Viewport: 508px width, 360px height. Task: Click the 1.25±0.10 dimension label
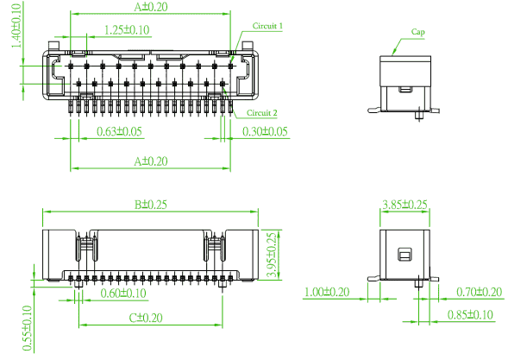click(x=127, y=30)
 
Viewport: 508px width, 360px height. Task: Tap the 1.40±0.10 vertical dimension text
click(x=16, y=26)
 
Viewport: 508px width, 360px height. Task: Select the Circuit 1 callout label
click(x=267, y=26)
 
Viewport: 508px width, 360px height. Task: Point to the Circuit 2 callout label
click(x=262, y=112)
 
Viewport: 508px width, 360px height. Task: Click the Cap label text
click(x=418, y=32)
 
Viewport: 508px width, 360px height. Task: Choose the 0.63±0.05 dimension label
click(x=119, y=131)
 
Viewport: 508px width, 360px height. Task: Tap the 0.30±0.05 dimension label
click(x=265, y=131)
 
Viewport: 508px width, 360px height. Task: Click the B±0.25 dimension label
click(x=151, y=205)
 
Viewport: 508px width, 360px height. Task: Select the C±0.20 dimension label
click(x=146, y=318)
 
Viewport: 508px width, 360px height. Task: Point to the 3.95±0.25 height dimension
click(x=272, y=255)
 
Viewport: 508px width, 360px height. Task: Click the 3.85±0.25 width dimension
click(x=405, y=205)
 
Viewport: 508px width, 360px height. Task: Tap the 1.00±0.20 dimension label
click(x=327, y=292)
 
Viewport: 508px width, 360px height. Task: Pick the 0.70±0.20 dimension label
click(x=480, y=292)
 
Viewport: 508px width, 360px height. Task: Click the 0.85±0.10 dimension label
click(x=470, y=314)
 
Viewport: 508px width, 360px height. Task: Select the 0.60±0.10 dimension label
click(x=123, y=294)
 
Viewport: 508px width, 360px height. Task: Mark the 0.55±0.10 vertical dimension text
click(x=28, y=328)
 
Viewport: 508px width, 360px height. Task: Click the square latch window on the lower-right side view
click(x=405, y=255)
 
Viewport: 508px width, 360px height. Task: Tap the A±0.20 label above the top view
click(x=151, y=7)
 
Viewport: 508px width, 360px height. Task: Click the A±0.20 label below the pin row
click(x=151, y=161)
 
